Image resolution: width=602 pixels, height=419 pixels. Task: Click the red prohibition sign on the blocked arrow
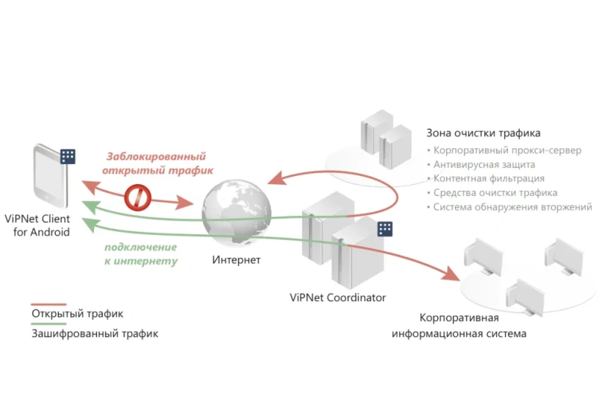(x=137, y=198)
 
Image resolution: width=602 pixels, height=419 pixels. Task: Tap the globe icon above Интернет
(x=237, y=212)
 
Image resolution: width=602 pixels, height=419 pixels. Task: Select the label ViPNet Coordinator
(x=337, y=297)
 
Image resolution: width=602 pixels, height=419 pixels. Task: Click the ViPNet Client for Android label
(x=37, y=225)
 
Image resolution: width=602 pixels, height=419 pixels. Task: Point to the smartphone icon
(x=51, y=176)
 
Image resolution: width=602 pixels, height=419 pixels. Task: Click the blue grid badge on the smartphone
(x=68, y=156)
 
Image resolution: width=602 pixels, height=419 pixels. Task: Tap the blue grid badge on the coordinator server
(x=384, y=229)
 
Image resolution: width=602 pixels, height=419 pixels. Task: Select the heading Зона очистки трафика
(x=484, y=133)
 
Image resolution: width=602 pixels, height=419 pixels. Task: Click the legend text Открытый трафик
(x=77, y=314)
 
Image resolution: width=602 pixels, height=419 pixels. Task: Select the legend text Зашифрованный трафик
(x=95, y=333)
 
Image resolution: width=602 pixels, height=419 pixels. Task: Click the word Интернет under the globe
(x=236, y=260)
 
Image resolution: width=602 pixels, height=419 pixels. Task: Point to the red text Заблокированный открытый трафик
(x=157, y=163)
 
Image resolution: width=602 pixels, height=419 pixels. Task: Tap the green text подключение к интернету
(x=141, y=254)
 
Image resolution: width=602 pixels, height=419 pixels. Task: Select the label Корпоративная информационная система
(x=459, y=325)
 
